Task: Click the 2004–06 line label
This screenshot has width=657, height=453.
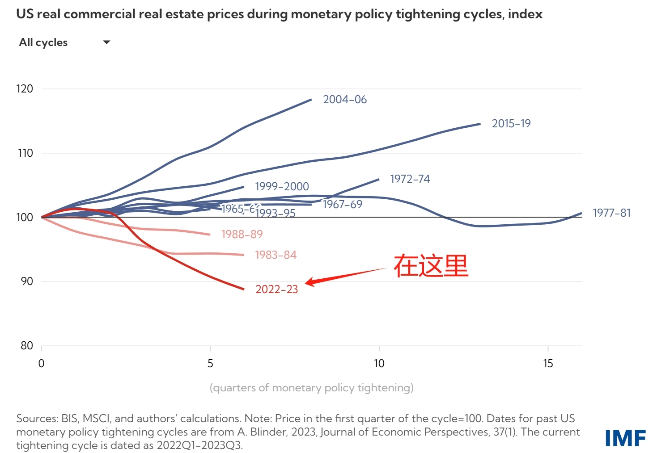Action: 344,100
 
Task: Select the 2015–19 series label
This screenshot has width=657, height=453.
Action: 511,124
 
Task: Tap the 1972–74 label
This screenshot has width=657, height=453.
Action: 410,179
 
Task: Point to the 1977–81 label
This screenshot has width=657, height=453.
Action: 611,213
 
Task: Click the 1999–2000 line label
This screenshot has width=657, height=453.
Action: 282,187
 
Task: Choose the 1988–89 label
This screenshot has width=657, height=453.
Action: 242,235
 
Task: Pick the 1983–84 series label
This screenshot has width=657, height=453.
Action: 276,255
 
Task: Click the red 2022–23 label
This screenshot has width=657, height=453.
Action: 276,289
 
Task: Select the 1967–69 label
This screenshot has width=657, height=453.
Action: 343,205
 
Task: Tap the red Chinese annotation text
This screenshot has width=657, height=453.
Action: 431,266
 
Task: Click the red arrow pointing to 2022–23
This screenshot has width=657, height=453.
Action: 344,276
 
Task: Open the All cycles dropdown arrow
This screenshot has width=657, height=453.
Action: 106,42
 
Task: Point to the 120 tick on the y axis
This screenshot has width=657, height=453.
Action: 25,89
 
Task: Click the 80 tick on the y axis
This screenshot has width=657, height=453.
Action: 27,346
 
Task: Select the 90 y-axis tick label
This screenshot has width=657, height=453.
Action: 27,281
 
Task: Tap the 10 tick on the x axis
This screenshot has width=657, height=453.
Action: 379,364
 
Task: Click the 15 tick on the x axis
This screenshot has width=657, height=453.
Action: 548,364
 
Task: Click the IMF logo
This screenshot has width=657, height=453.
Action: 625,438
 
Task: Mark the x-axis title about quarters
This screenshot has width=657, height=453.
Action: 311,388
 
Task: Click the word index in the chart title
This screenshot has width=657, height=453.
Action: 525,14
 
